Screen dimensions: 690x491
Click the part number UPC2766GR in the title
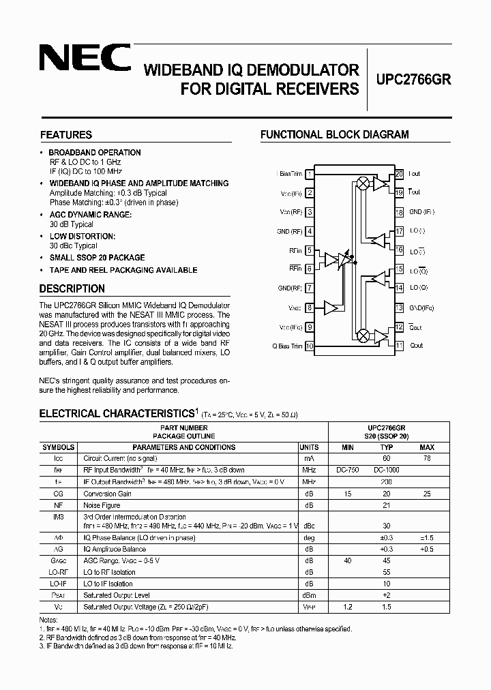[x=413, y=78]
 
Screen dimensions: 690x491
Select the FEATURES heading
[x=66, y=135]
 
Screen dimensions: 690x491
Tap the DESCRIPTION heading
[x=72, y=288]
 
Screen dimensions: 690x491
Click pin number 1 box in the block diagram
[x=310, y=175]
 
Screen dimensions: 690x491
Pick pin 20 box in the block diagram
[x=399, y=175]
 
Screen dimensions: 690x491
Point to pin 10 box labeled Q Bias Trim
[x=310, y=346]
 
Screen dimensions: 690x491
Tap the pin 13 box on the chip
[x=399, y=307]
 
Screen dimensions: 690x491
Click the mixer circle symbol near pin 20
[x=363, y=183]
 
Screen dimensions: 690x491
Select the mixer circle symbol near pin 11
[x=363, y=335]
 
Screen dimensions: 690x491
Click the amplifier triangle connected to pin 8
[x=331, y=307]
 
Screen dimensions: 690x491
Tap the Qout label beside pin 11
[x=416, y=346]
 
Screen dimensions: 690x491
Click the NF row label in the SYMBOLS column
[x=59, y=505]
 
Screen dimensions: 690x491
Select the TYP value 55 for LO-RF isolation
[x=386, y=571]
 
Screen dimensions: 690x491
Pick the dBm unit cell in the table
[x=308, y=595]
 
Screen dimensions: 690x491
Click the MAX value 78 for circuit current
[x=428, y=459]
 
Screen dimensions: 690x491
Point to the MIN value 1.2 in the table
[x=348, y=606]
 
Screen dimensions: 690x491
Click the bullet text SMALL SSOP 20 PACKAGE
[x=97, y=258]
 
